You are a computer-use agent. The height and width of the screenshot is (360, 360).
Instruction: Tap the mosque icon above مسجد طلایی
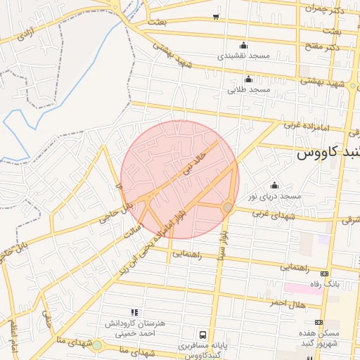(x=248, y=79)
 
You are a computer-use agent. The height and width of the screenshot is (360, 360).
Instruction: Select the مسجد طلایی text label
(x=248, y=90)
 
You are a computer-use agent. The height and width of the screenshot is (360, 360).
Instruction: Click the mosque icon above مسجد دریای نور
(x=274, y=185)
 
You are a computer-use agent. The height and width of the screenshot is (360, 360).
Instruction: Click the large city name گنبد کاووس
(x=328, y=152)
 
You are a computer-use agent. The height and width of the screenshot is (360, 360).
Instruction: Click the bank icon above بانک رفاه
(x=324, y=274)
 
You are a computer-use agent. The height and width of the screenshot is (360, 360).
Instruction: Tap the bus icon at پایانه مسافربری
(x=203, y=335)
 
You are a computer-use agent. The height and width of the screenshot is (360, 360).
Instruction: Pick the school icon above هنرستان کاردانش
(x=134, y=311)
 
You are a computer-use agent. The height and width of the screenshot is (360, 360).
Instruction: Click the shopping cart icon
(x=216, y=16)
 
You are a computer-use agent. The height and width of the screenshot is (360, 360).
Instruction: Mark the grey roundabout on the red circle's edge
(x=227, y=207)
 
